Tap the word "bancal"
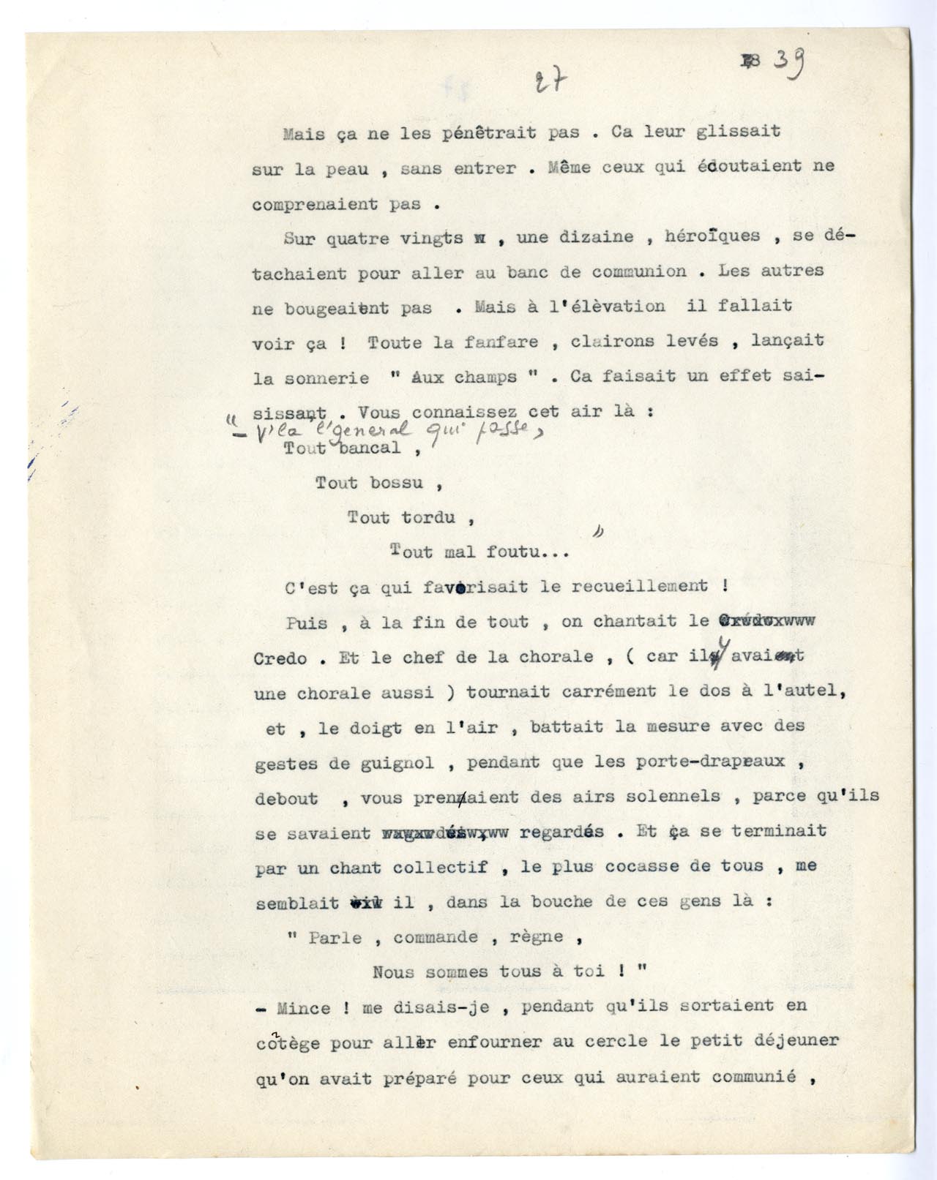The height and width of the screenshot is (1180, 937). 370,448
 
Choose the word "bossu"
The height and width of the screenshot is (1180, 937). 397,483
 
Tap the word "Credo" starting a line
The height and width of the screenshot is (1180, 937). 280,658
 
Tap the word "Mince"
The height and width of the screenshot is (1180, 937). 304,1008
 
